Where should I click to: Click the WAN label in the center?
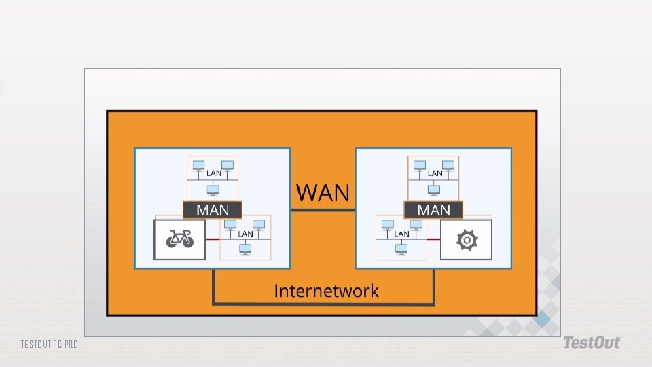pyautogui.click(x=323, y=193)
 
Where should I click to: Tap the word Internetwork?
pyautogui.click(x=326, y=291)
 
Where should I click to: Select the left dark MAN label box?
pyautogui.click(x=213, y=210)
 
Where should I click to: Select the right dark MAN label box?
pyautogui.click(x=433, y=210)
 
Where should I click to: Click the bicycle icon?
pyautogui.click(x=180, y=239)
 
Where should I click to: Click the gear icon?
pyautogui.click(x=467, y=239)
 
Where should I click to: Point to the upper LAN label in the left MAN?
pyautogui.click(x=213, y=173)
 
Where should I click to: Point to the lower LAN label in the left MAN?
pyautogui.click(x=245, y=234)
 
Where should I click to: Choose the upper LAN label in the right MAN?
pyautogui.click(x=435, y=173)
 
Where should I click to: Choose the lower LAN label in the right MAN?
pyautogui.click(x=401, y=234)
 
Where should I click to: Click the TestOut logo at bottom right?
pyautogui.click(x=591, y=343)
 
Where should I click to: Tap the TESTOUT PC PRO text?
pyautogui.click(x=49, y=345)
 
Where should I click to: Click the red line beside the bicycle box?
pyautogui.click(x=213, y=239)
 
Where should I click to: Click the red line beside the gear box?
pyautogui.click(x=434, y=239)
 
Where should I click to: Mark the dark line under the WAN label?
pyautogui.click(x=323, y=210)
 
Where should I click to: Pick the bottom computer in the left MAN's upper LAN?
pyautogui.click(x=213, y=191)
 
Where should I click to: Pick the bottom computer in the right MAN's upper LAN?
pyautogui.click(x=434, y=191)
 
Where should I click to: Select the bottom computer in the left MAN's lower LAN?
pyautogui.click(x=245, y=249)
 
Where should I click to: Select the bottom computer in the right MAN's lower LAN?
pyautogui.click(x=401, y=249)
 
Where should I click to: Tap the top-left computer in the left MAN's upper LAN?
pyautogui.click(x=198, y=165)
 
